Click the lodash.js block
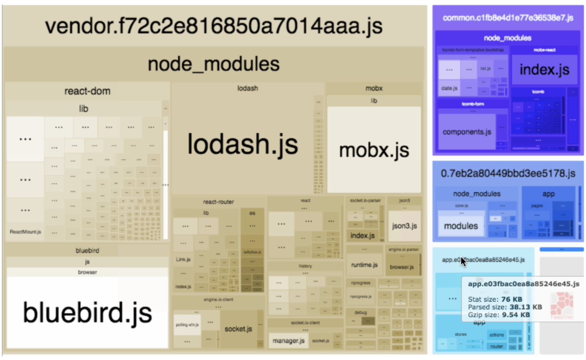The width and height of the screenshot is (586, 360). click(243, 144)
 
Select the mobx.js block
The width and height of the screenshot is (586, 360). click(374, 150)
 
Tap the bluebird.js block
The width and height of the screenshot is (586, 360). click(87, 313)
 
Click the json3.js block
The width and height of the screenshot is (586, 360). click(404, 226)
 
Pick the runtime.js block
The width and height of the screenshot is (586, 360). click(364, 265)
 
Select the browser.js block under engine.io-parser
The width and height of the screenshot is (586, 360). click(402, 267)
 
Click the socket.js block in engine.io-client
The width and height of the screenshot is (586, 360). click(238, 329)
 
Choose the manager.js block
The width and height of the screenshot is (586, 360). click(288, 341)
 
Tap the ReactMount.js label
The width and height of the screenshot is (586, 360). click(25, 232)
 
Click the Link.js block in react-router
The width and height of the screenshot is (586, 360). click(183, 259)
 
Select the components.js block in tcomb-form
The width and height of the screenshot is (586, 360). click(466, 132)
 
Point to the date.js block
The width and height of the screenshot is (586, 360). click(449, 88)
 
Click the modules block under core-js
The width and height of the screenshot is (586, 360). click(461, 226)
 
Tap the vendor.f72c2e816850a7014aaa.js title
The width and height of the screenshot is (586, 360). click(213, 26)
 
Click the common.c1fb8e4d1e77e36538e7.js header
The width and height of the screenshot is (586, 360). click(508, 18)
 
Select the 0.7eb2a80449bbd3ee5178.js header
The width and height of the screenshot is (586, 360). click(508, 174)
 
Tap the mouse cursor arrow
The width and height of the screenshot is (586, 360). click(463, 262)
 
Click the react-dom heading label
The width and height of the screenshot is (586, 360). click(87, 91)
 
